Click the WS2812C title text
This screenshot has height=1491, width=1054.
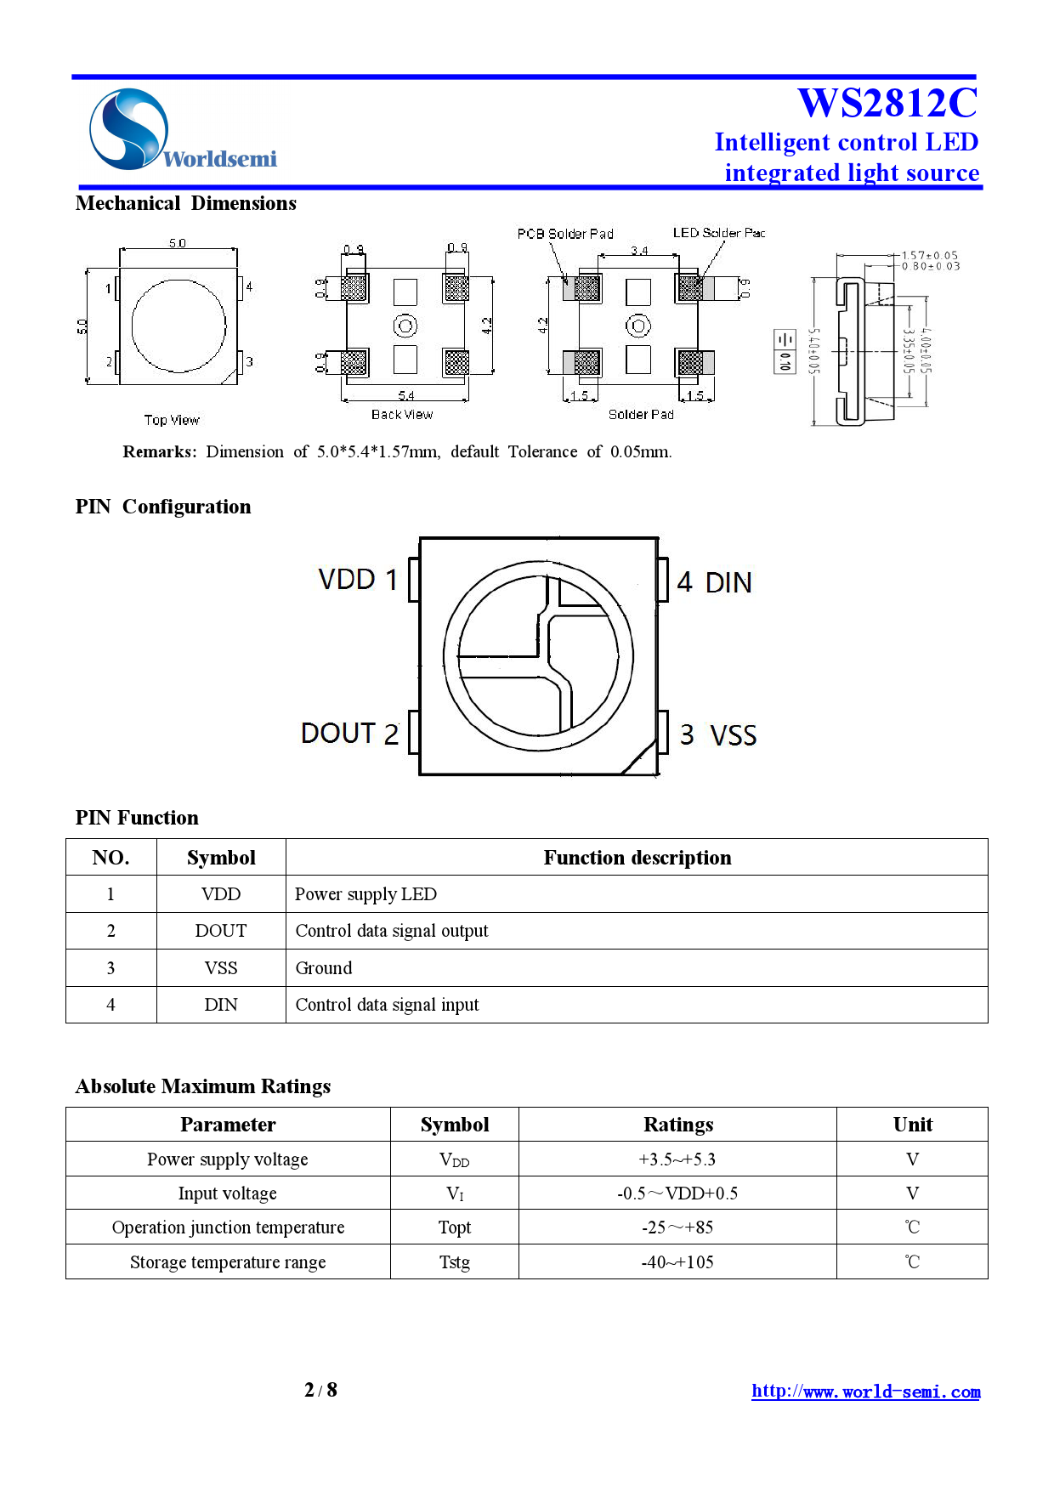coord(887,104)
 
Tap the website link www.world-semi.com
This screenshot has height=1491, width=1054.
coord(865,1392)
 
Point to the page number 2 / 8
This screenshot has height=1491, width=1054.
coord(320,1390)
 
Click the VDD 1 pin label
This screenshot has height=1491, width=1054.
coord(358,580)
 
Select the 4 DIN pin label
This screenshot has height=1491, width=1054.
coord(714,583)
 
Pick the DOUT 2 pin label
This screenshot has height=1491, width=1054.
coord(349,734)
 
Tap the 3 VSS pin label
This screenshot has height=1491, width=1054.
coord(717,735)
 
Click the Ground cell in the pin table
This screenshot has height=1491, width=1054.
coord(324,968)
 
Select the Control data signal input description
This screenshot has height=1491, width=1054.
coord(387,1005)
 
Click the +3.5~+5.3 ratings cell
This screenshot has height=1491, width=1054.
coord(677,1159)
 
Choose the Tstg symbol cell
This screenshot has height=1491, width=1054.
coord(454,1262)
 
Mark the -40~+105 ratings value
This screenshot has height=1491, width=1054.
coord(677,1262)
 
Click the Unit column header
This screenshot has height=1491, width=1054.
coord(912,1125)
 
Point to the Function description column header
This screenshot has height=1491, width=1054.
coord(637,858)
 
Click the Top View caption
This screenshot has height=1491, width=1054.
coord(172,420)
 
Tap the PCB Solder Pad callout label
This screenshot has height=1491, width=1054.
coord(565,234)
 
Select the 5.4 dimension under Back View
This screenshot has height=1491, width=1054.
coord(405,396)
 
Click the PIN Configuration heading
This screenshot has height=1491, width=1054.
coord(163,507)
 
